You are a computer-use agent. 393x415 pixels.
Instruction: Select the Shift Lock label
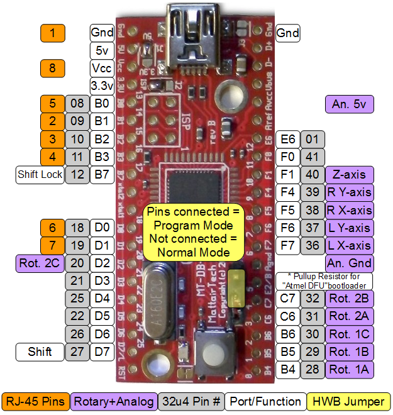point(40,174)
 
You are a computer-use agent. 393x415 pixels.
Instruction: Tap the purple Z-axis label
point(350,174)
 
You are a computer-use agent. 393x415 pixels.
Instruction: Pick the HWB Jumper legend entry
point(350,401)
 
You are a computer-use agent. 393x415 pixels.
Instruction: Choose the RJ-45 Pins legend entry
point(36,401)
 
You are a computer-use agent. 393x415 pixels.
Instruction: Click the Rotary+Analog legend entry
point(113,401)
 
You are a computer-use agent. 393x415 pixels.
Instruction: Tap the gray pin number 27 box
point(77,352)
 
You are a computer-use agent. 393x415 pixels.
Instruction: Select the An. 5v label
point(350,104)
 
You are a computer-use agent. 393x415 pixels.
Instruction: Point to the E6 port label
point(289,139)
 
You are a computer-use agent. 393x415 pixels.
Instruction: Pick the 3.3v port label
point(101,86)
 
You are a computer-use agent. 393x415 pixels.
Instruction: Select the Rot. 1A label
point(350,370)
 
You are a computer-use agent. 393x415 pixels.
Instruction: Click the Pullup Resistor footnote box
point(324,280)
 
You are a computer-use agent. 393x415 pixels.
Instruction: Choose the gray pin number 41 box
point(313,157)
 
